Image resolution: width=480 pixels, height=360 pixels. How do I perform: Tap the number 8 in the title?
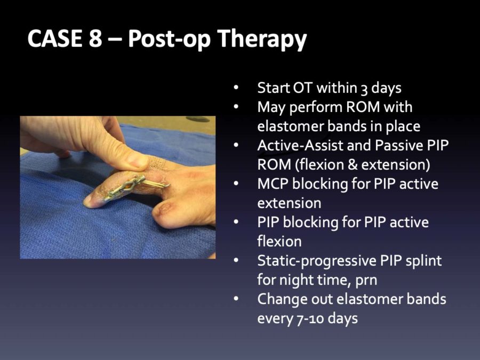(95, 38)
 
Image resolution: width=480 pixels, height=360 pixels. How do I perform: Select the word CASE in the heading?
(55, 38)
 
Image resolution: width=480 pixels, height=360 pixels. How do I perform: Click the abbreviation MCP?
(272, 184)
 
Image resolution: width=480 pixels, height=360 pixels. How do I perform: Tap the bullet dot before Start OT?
(236, 88)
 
